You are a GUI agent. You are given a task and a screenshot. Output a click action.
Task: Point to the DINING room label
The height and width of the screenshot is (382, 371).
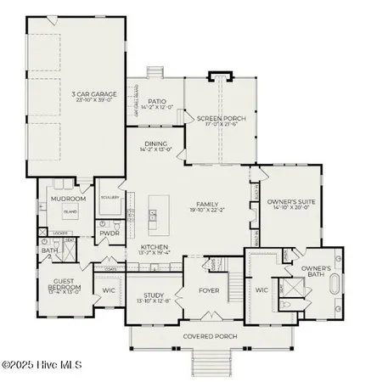pos(155,143)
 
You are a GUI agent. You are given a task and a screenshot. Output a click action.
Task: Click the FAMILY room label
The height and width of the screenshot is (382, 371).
pos(206,204)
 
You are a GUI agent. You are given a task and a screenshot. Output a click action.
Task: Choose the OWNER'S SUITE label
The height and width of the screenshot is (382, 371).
pos(291,203)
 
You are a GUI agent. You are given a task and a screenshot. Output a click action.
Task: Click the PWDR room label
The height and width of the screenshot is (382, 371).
pos(109,233)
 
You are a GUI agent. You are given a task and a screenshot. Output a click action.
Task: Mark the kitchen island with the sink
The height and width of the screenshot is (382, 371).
pos(154,216)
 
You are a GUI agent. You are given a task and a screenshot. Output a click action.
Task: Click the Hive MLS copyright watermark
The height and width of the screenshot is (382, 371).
pos(41,366)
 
